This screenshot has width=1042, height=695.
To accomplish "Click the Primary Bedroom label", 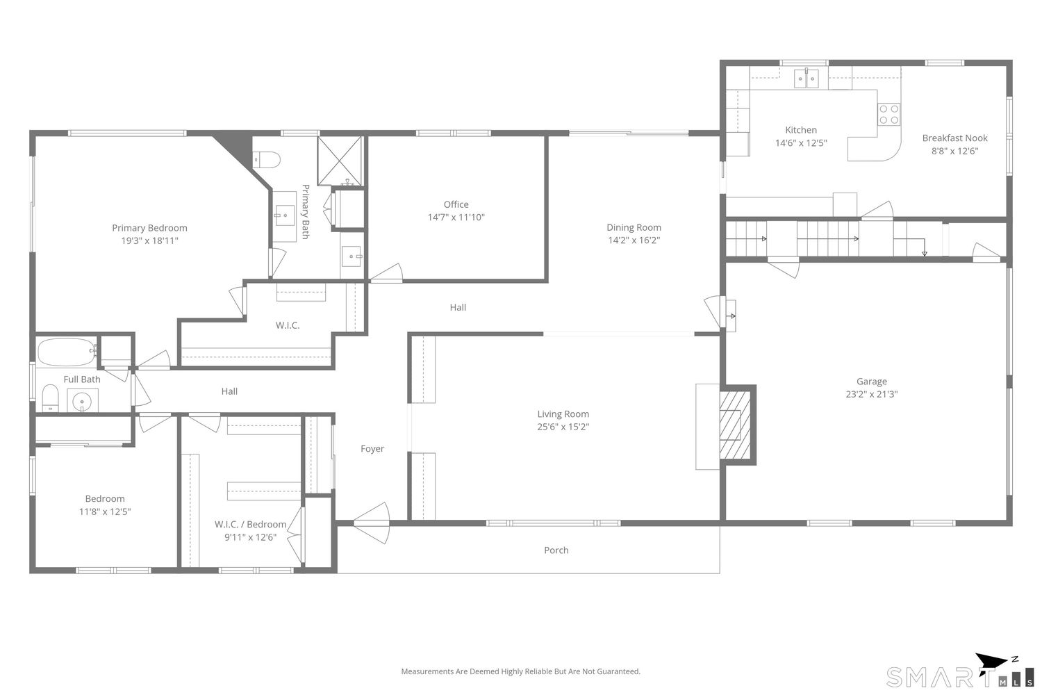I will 149,228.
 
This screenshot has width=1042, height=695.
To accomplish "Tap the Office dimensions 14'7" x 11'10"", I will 456,218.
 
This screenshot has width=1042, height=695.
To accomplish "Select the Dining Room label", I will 634,227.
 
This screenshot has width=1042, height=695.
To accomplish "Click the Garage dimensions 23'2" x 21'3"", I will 871,394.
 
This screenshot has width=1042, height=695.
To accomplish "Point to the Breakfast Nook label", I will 954,138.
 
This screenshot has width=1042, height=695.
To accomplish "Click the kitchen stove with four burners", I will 888,114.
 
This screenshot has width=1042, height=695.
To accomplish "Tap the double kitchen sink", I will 807,79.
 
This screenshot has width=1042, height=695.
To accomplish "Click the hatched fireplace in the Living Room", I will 734,425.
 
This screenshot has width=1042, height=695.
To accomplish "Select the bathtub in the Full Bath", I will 67,352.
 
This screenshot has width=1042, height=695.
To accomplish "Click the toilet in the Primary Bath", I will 267,161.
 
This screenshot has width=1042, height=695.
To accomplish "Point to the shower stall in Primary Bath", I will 340,161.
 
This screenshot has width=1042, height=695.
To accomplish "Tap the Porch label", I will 556,550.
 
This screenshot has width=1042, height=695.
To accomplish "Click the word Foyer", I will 372,449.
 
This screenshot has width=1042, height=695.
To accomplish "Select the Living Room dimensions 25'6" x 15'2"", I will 563,427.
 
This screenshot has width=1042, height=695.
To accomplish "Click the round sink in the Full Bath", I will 83,401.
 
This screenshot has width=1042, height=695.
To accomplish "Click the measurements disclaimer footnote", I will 520,671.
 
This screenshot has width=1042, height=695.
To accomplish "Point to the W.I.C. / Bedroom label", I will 250,525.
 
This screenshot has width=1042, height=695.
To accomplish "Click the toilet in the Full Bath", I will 50,399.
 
